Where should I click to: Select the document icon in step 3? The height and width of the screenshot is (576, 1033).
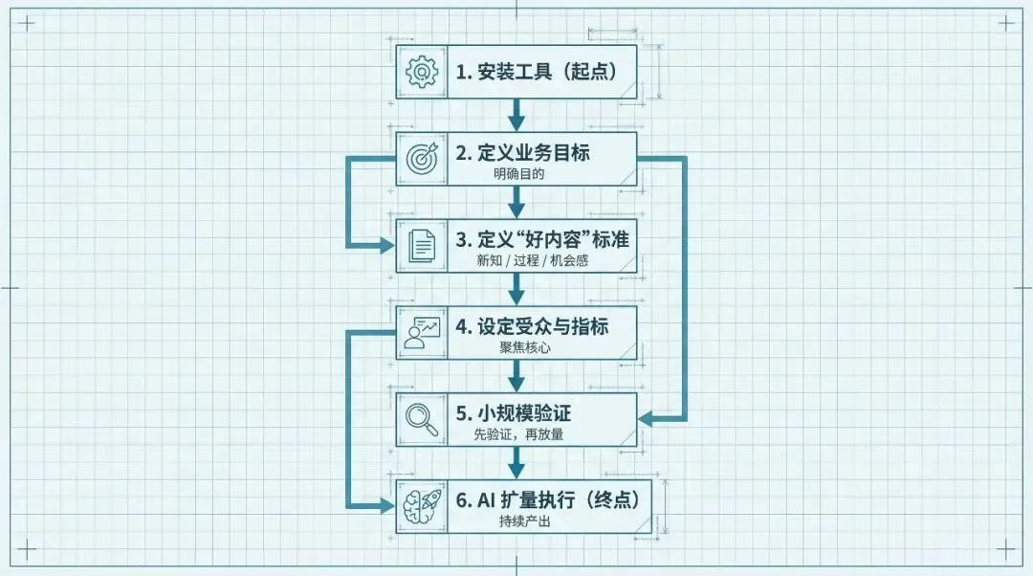[x=421, y=246]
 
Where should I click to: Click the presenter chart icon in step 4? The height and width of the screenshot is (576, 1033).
[x=421, y=332]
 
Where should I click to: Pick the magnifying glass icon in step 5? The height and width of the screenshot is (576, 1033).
[x=421, y=419]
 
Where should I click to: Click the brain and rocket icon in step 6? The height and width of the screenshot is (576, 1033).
[x=421, y=506]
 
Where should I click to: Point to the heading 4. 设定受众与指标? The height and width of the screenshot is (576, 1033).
[x=531, y=326]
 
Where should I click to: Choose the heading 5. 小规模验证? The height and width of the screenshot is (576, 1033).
[x=513, y=413]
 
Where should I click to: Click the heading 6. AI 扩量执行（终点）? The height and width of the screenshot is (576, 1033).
[x=547, y=499]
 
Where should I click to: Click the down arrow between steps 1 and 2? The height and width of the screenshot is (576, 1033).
[x=516, y=116]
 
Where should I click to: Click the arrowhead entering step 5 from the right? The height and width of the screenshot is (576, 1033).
[x=647, y=418]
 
